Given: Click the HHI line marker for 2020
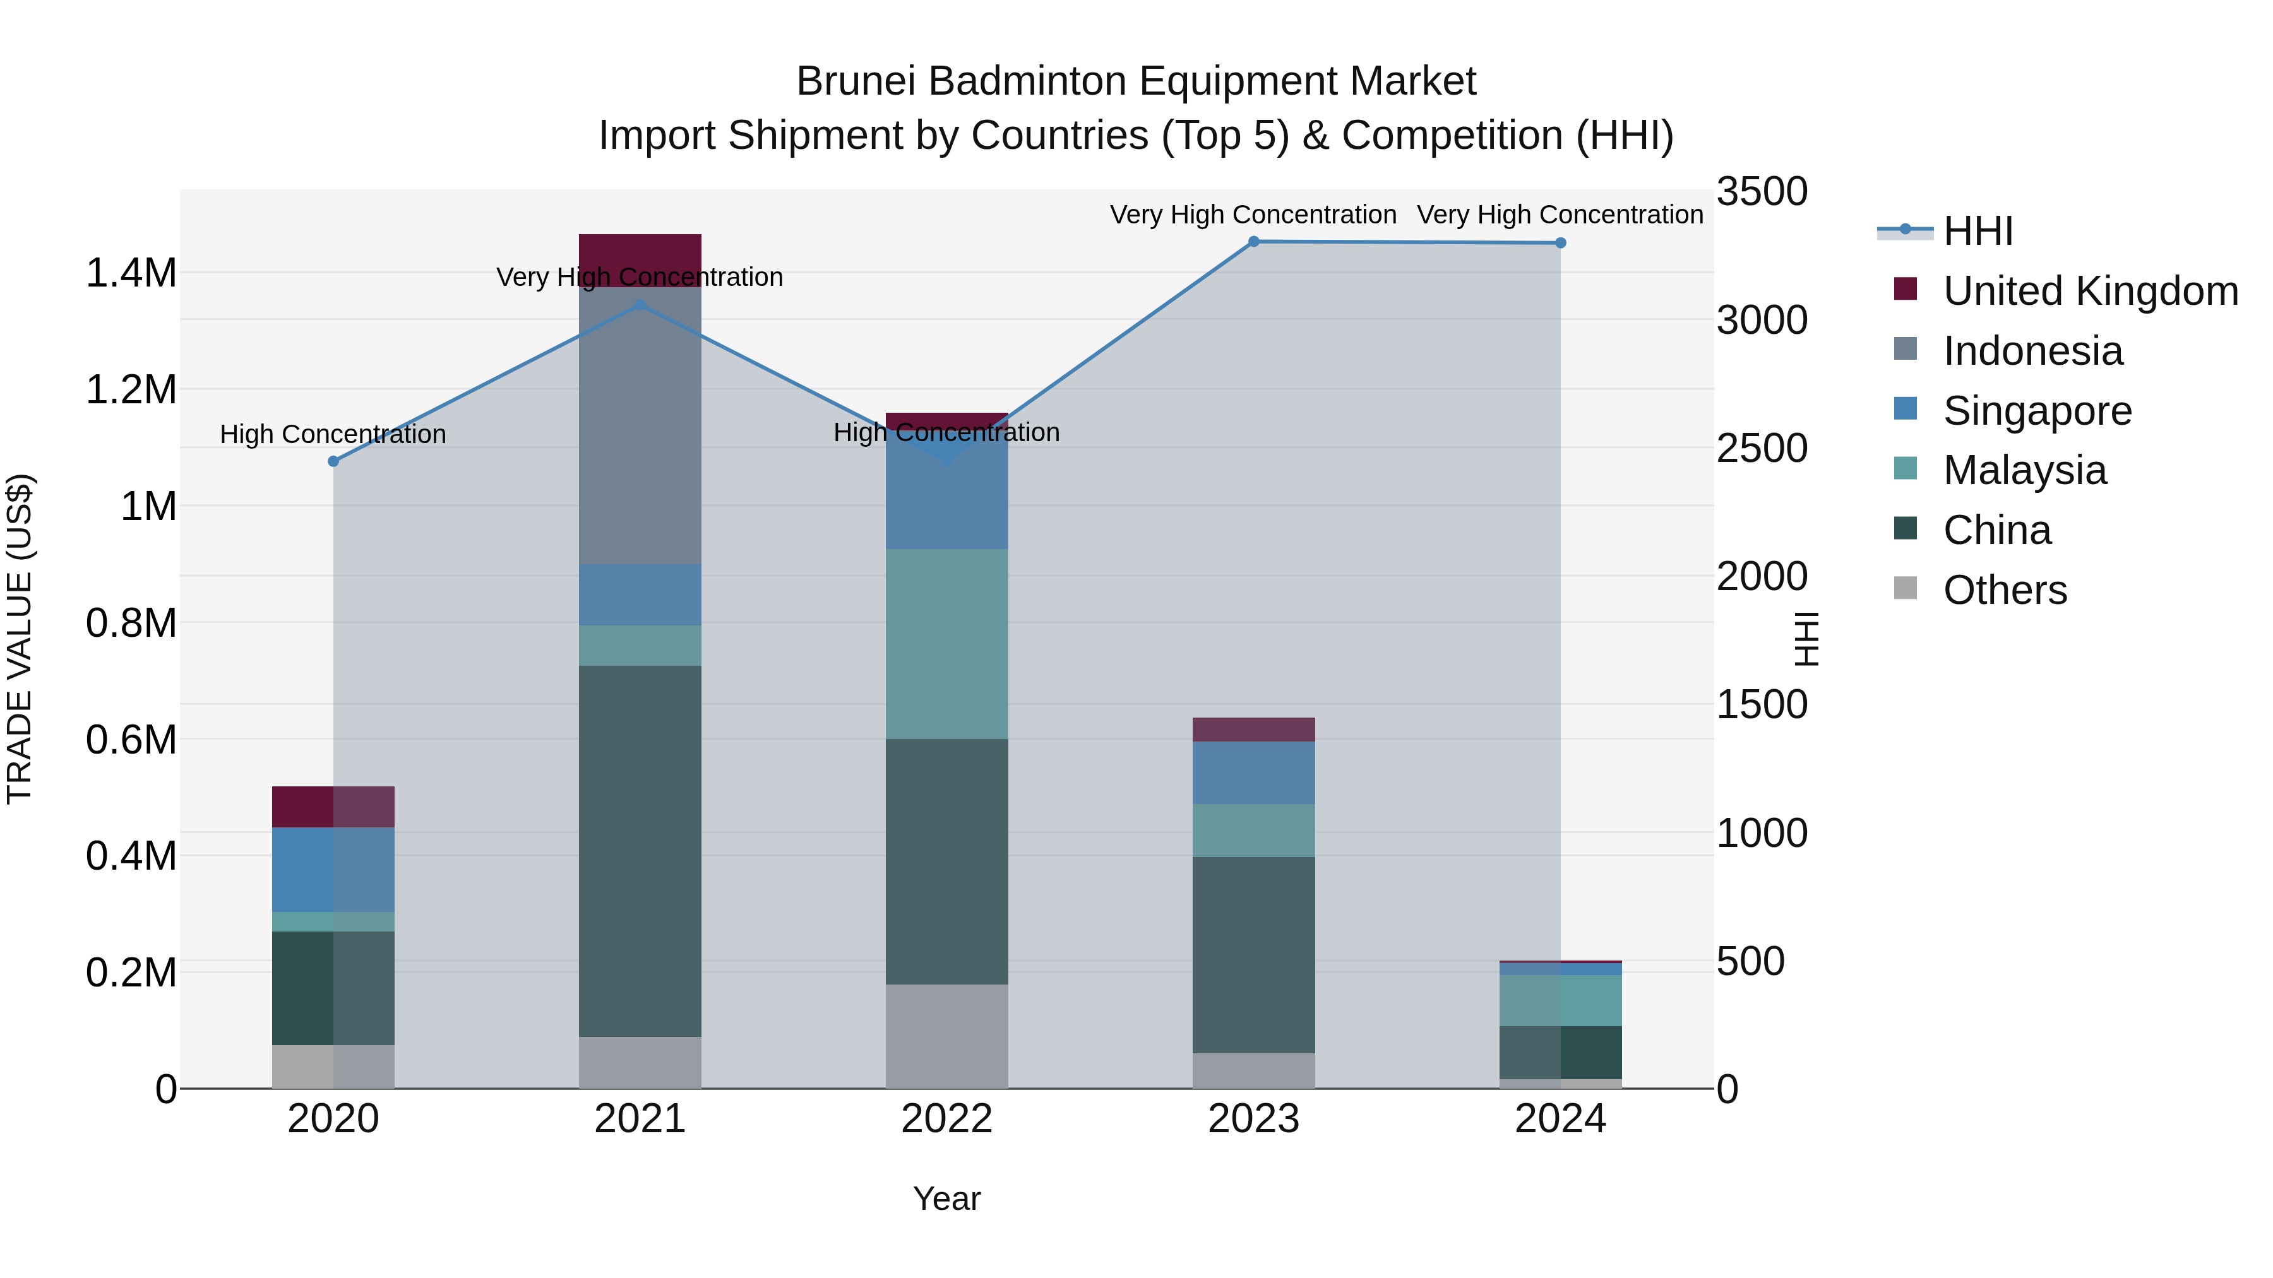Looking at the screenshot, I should coord(333,461).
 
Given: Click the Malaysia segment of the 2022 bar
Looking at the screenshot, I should coord(947,644).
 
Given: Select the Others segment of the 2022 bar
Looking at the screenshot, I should coord(947,1036).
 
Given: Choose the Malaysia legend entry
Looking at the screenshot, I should coord(2024,470).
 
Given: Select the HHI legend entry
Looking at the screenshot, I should coord(1978,231).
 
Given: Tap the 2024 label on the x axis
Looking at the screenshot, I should coord(1560,1119).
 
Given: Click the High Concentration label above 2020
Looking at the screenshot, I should coord(333,434).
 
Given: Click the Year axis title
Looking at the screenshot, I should coord(947,1198).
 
